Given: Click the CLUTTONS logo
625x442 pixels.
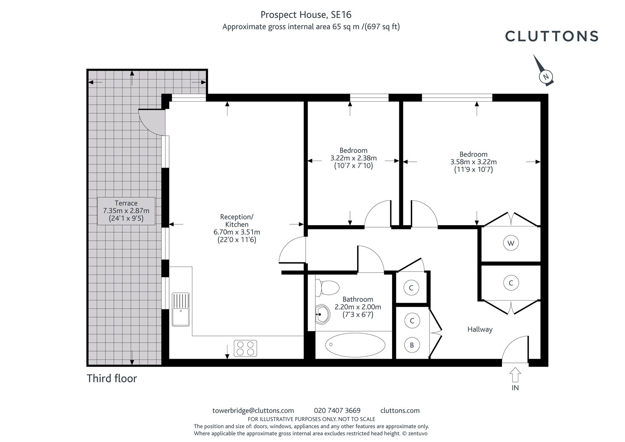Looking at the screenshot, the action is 552,36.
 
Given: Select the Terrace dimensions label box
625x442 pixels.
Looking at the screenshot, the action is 126,211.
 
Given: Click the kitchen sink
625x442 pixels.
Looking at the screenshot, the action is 180,309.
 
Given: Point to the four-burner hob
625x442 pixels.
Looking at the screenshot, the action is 245,348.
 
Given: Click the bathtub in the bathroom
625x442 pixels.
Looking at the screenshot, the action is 355,345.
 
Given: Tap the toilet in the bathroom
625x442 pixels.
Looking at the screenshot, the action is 327,288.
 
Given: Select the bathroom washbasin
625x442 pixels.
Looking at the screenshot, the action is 323,314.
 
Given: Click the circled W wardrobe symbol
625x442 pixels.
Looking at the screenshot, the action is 511,243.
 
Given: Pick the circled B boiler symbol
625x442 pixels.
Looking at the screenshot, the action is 412,345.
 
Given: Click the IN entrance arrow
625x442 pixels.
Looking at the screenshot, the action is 515,374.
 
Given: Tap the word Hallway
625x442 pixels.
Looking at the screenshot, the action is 480,329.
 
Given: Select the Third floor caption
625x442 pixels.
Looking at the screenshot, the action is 112,379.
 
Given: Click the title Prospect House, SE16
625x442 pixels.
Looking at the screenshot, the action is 306,15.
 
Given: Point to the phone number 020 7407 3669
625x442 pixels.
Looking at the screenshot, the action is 337,410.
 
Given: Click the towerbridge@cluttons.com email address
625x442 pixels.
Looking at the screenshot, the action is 253,410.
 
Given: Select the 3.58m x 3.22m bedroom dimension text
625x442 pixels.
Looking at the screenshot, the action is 473,162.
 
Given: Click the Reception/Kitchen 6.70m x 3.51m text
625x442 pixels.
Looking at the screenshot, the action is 237,228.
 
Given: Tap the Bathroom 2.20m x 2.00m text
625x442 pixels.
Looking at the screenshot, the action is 357,307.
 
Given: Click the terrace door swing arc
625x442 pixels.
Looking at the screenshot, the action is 147,126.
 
